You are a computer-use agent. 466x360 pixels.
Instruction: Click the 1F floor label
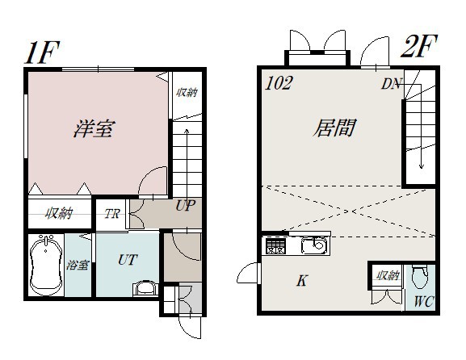click(x=42, y=52)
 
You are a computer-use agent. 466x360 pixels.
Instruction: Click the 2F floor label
click(x=418, y=46)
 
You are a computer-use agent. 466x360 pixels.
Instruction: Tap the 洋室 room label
click(x=94, y=128)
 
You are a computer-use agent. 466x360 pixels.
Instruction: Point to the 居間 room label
click(x=334, y=128)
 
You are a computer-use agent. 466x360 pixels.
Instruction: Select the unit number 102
click(x=279, y=83)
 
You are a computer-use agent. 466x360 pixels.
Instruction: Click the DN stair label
click(x=392, y=84)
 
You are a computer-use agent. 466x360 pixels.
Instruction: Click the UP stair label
click(x=185, y=205)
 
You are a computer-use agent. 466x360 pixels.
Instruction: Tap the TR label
click(x=111, y=214)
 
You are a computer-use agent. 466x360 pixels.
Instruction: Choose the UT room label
click(x=128, y=260)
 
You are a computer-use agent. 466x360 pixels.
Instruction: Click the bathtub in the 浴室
click(x=46, y=265)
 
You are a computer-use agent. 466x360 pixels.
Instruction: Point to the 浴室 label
click(x=78, y=265)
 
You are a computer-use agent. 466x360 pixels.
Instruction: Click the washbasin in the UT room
click(x=145, y=288)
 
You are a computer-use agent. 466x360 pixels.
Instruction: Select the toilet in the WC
click(x=420, y=277)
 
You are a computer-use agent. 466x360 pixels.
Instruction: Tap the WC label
click(x=424, y=302)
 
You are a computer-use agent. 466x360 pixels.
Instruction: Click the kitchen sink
click(x=315, y=245)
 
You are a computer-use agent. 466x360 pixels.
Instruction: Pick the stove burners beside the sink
click(x=276, y=246)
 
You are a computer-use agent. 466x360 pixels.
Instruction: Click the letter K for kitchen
click(x=302, y=280)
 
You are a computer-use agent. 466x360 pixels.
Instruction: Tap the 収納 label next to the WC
click(x=387, y=275)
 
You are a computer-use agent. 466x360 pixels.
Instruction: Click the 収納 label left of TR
click(x=59, y=213)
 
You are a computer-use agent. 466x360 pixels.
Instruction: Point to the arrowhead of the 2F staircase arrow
click(x=421, y=166)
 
